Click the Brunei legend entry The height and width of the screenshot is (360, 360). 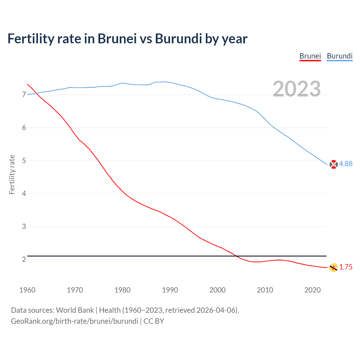310,56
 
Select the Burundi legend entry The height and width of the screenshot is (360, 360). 339,56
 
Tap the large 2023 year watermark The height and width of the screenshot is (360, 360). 297,89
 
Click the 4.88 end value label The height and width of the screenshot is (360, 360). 346,164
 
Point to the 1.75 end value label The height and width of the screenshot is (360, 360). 346,267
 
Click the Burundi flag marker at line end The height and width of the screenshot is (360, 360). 334,164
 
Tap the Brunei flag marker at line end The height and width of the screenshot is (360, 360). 334,267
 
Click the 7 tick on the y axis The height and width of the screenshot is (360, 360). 24,95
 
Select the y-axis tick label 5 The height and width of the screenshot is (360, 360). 24,161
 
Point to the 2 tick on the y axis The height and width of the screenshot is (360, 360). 24,259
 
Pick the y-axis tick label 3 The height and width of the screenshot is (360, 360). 24,227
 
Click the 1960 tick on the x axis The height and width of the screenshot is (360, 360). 27,290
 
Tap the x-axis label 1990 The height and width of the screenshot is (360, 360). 170,290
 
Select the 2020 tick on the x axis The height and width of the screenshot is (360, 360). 312,290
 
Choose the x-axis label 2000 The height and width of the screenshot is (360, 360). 217,290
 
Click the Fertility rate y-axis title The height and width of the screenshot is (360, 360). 12,174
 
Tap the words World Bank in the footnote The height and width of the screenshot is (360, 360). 75,310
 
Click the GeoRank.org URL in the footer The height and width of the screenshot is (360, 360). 75,321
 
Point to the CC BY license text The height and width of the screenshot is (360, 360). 154,321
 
